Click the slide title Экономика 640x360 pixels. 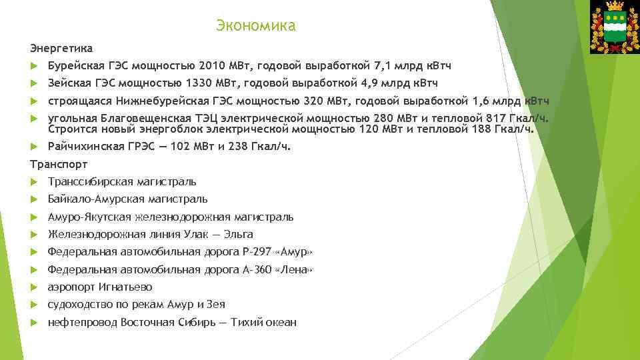pyautogui.click(x=255, y=26)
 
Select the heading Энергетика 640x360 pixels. pyautogui.click(x=61, y=49)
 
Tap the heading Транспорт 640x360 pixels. pyautogui.click(x=59, y=164)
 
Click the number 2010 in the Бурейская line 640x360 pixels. pyautogui.click(x=212, y=66)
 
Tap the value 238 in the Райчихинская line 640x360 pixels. pyautogui.click(x=239, y=147)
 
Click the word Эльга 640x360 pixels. pyautogui.click(x=239, y=234)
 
